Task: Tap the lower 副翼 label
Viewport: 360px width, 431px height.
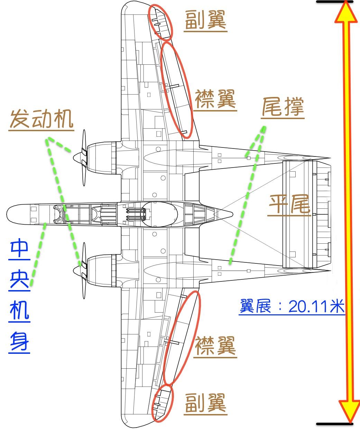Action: (205, 403)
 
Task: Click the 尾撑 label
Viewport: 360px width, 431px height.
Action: (283, 107)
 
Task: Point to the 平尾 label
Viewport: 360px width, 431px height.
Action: (289, 205)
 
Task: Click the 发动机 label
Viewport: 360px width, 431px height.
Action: (41, 120)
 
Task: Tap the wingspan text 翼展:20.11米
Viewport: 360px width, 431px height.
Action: (292, 306)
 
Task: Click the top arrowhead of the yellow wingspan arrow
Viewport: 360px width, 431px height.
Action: (345, 12)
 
